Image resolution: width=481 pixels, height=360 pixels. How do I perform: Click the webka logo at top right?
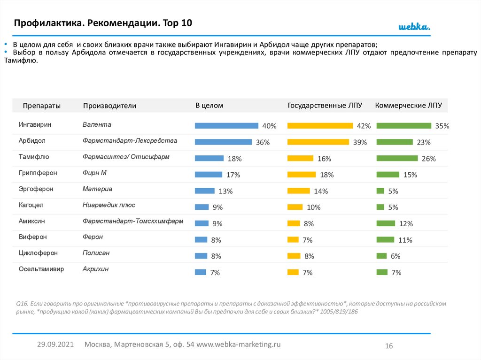[414, 27]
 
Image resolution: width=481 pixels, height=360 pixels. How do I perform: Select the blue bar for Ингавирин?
[226, 125]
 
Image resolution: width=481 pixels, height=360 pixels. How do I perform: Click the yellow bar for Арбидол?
[318, 142]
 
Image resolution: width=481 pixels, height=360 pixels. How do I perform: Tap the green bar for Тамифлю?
[397, 158]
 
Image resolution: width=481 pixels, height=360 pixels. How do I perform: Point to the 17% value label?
[233, 175]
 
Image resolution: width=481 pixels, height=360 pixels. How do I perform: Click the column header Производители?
[109, 106]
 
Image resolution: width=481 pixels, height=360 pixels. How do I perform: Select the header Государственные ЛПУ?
[325, 106]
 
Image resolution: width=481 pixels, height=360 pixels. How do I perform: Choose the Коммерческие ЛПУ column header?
[409, 106]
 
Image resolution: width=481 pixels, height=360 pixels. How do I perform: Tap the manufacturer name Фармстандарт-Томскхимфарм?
[133, 221]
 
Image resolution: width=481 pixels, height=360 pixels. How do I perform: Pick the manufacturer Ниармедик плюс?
[109, 205]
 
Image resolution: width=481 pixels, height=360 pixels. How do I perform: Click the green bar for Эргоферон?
[380, 191]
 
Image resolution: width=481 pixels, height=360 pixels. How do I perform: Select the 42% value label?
[364, 126]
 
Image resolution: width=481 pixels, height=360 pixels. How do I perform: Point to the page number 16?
[388, 346]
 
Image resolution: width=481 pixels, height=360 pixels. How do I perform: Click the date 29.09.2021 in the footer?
[55, 344]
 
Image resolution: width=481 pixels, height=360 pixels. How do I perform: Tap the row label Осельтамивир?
[41, 269]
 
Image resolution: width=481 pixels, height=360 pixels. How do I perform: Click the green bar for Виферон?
[386, 239]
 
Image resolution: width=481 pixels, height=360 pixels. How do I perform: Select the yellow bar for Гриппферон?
[301, 175]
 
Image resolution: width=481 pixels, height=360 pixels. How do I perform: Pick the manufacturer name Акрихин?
[95, 269]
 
